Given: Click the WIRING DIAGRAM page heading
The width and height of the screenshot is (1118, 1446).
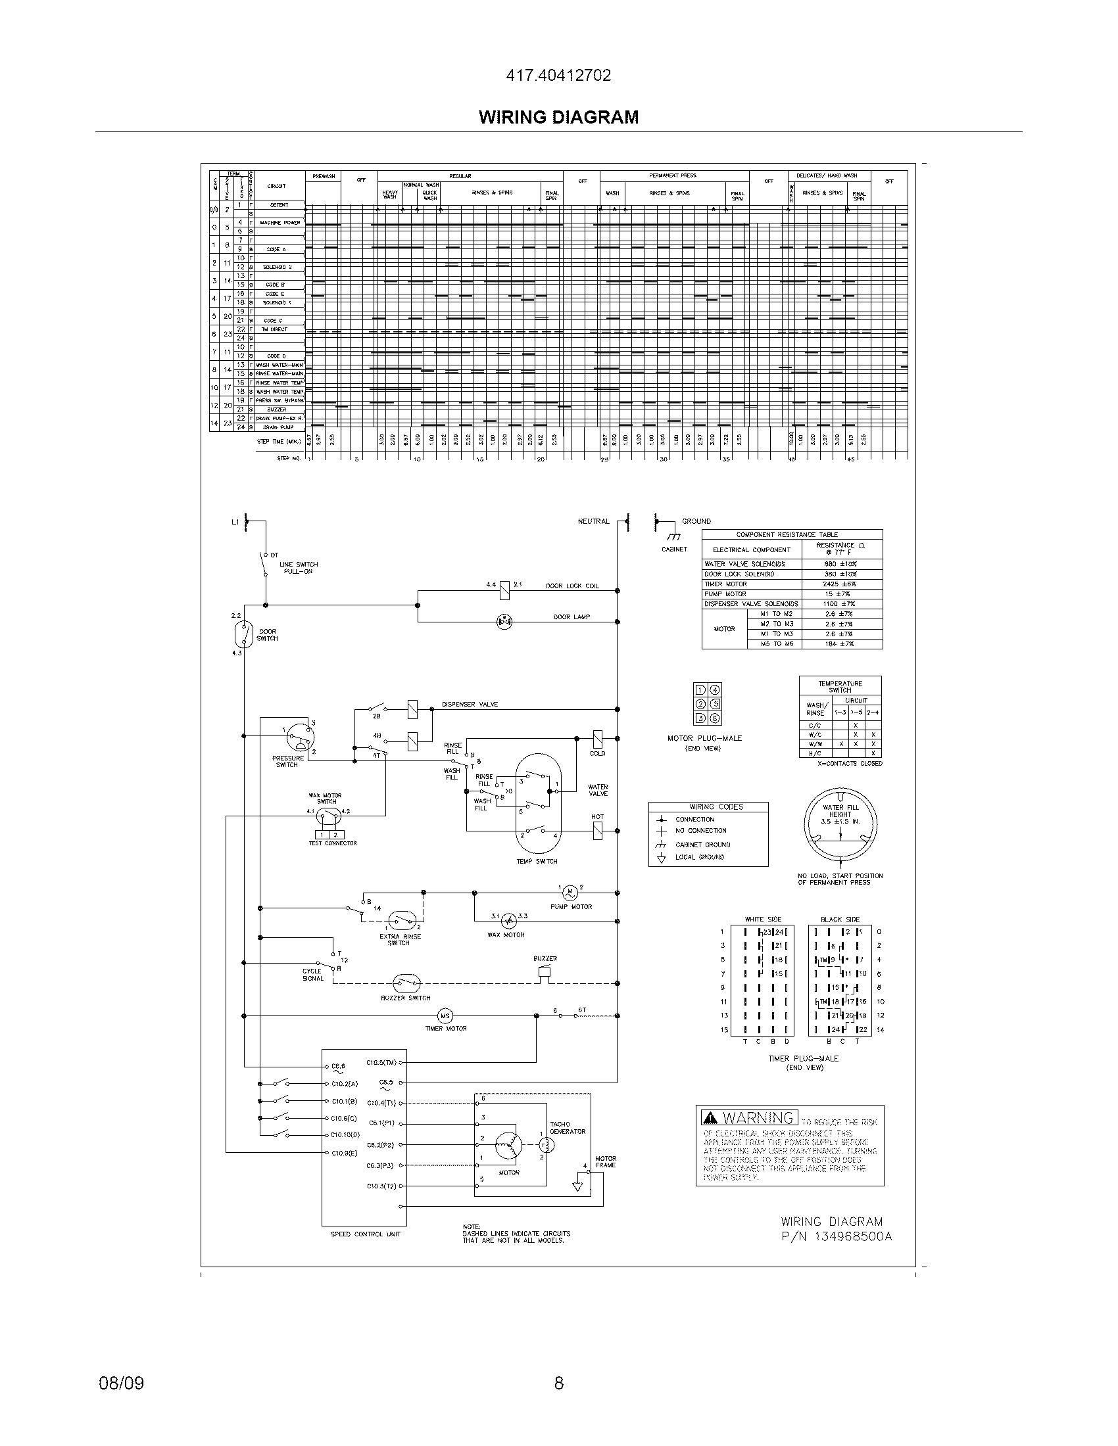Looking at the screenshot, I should coord(558,117).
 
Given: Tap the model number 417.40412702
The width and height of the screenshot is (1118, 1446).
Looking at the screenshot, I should coord(558,76).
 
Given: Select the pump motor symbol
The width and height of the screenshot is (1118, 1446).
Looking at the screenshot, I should coord(570,893).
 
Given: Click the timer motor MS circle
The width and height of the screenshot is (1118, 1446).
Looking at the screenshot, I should coord(445,1016).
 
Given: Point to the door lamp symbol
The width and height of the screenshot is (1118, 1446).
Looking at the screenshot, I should coord(504,621).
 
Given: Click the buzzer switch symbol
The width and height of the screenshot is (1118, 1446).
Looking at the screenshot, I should coord(406,982).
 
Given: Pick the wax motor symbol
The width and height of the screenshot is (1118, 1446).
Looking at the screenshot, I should coord(508,920).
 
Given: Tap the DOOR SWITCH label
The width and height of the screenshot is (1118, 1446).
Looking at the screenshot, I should coord(267,635).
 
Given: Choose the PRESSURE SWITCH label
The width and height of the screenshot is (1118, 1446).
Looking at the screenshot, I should coord(287,761).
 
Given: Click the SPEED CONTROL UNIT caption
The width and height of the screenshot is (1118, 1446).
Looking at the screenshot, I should coord(365,1234).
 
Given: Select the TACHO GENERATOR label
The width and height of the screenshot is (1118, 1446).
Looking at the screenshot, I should coord(568,1127).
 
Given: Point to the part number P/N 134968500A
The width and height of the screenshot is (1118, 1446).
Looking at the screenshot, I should coord(837,1236).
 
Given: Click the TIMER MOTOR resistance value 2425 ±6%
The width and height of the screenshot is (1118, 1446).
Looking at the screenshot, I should coord(840,584).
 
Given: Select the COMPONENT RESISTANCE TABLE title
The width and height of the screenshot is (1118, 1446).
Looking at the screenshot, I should coord(787,534).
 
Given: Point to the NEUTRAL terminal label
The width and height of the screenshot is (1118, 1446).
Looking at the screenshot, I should coord(593,521).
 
